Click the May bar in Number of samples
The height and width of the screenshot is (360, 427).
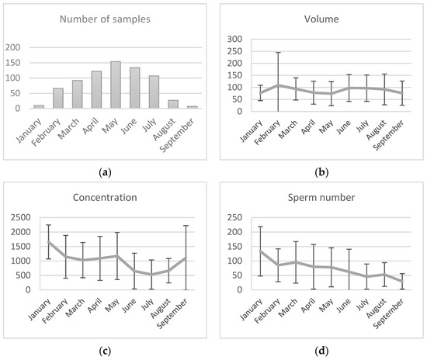(115, 85)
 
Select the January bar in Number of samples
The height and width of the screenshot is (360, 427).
(39, 106)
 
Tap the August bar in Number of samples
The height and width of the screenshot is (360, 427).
(172, 104)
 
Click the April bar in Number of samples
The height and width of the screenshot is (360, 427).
(96, 90)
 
